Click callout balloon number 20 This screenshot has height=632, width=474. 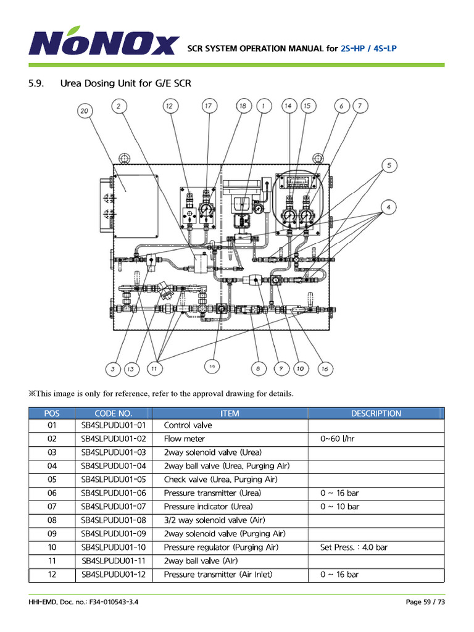click(85, 111)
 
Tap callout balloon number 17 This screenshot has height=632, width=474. click(208, 106)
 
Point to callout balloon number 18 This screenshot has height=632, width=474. click(243, 106)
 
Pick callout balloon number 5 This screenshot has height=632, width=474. click(389, 165)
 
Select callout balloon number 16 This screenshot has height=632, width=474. click(324, 368)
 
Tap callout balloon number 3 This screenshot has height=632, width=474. click(112, 369)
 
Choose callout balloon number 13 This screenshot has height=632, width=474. click(131, 369)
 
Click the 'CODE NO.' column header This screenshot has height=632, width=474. click(113, 414)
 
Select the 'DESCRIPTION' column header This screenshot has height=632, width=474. click(376, 414)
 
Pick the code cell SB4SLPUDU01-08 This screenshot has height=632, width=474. click(114, 520)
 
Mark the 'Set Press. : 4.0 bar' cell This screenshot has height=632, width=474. click(354, 547)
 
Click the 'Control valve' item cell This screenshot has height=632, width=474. click(188, 425)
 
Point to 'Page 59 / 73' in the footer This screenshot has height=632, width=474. click(425, 602)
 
